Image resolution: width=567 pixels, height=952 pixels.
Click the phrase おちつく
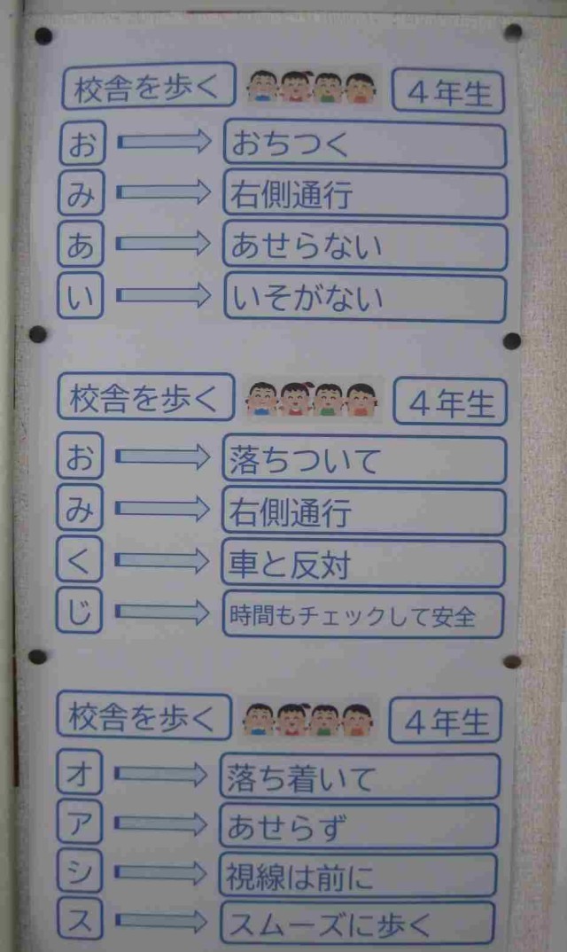tap(291, 144)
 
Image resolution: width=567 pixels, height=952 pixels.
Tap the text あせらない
tap(307, 246)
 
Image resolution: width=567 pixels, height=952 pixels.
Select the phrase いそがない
tap(307, 298)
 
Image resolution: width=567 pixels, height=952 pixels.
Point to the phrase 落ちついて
tap(304, 460)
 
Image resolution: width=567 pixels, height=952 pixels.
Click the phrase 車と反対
tap(290, 564)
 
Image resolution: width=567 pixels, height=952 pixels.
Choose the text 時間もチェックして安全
tap(352, 616)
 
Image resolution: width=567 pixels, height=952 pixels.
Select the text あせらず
tap(287, 826)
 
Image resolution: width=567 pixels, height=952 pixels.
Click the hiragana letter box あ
tap(81, 244)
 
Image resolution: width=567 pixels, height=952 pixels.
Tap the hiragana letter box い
tap(81, 296)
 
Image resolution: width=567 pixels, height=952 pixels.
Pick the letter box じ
tap(79, 611)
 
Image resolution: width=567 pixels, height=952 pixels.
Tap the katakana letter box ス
tap(80, 920)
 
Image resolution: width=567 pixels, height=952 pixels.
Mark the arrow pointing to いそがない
tap(163, 296)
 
